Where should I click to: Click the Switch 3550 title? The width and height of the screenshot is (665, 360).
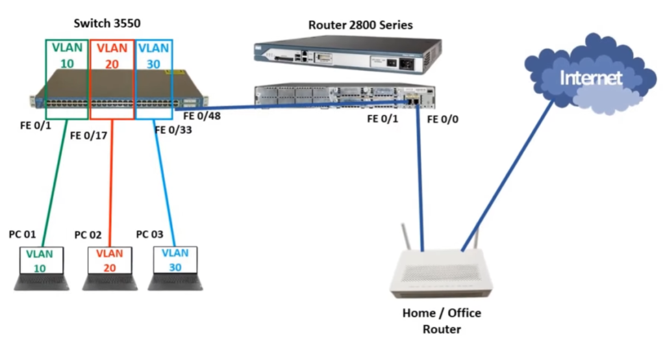point(107,23)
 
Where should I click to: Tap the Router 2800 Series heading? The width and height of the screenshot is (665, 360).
point(360,25)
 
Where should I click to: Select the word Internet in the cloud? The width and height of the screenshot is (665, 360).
point(590,79)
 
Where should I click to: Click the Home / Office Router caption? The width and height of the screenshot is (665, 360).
point(442,321)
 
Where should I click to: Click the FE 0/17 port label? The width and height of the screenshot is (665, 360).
point(88,136)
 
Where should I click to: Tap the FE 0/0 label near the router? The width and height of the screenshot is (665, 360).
point(443,119)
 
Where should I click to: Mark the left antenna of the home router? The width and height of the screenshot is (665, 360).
point(406,241)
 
